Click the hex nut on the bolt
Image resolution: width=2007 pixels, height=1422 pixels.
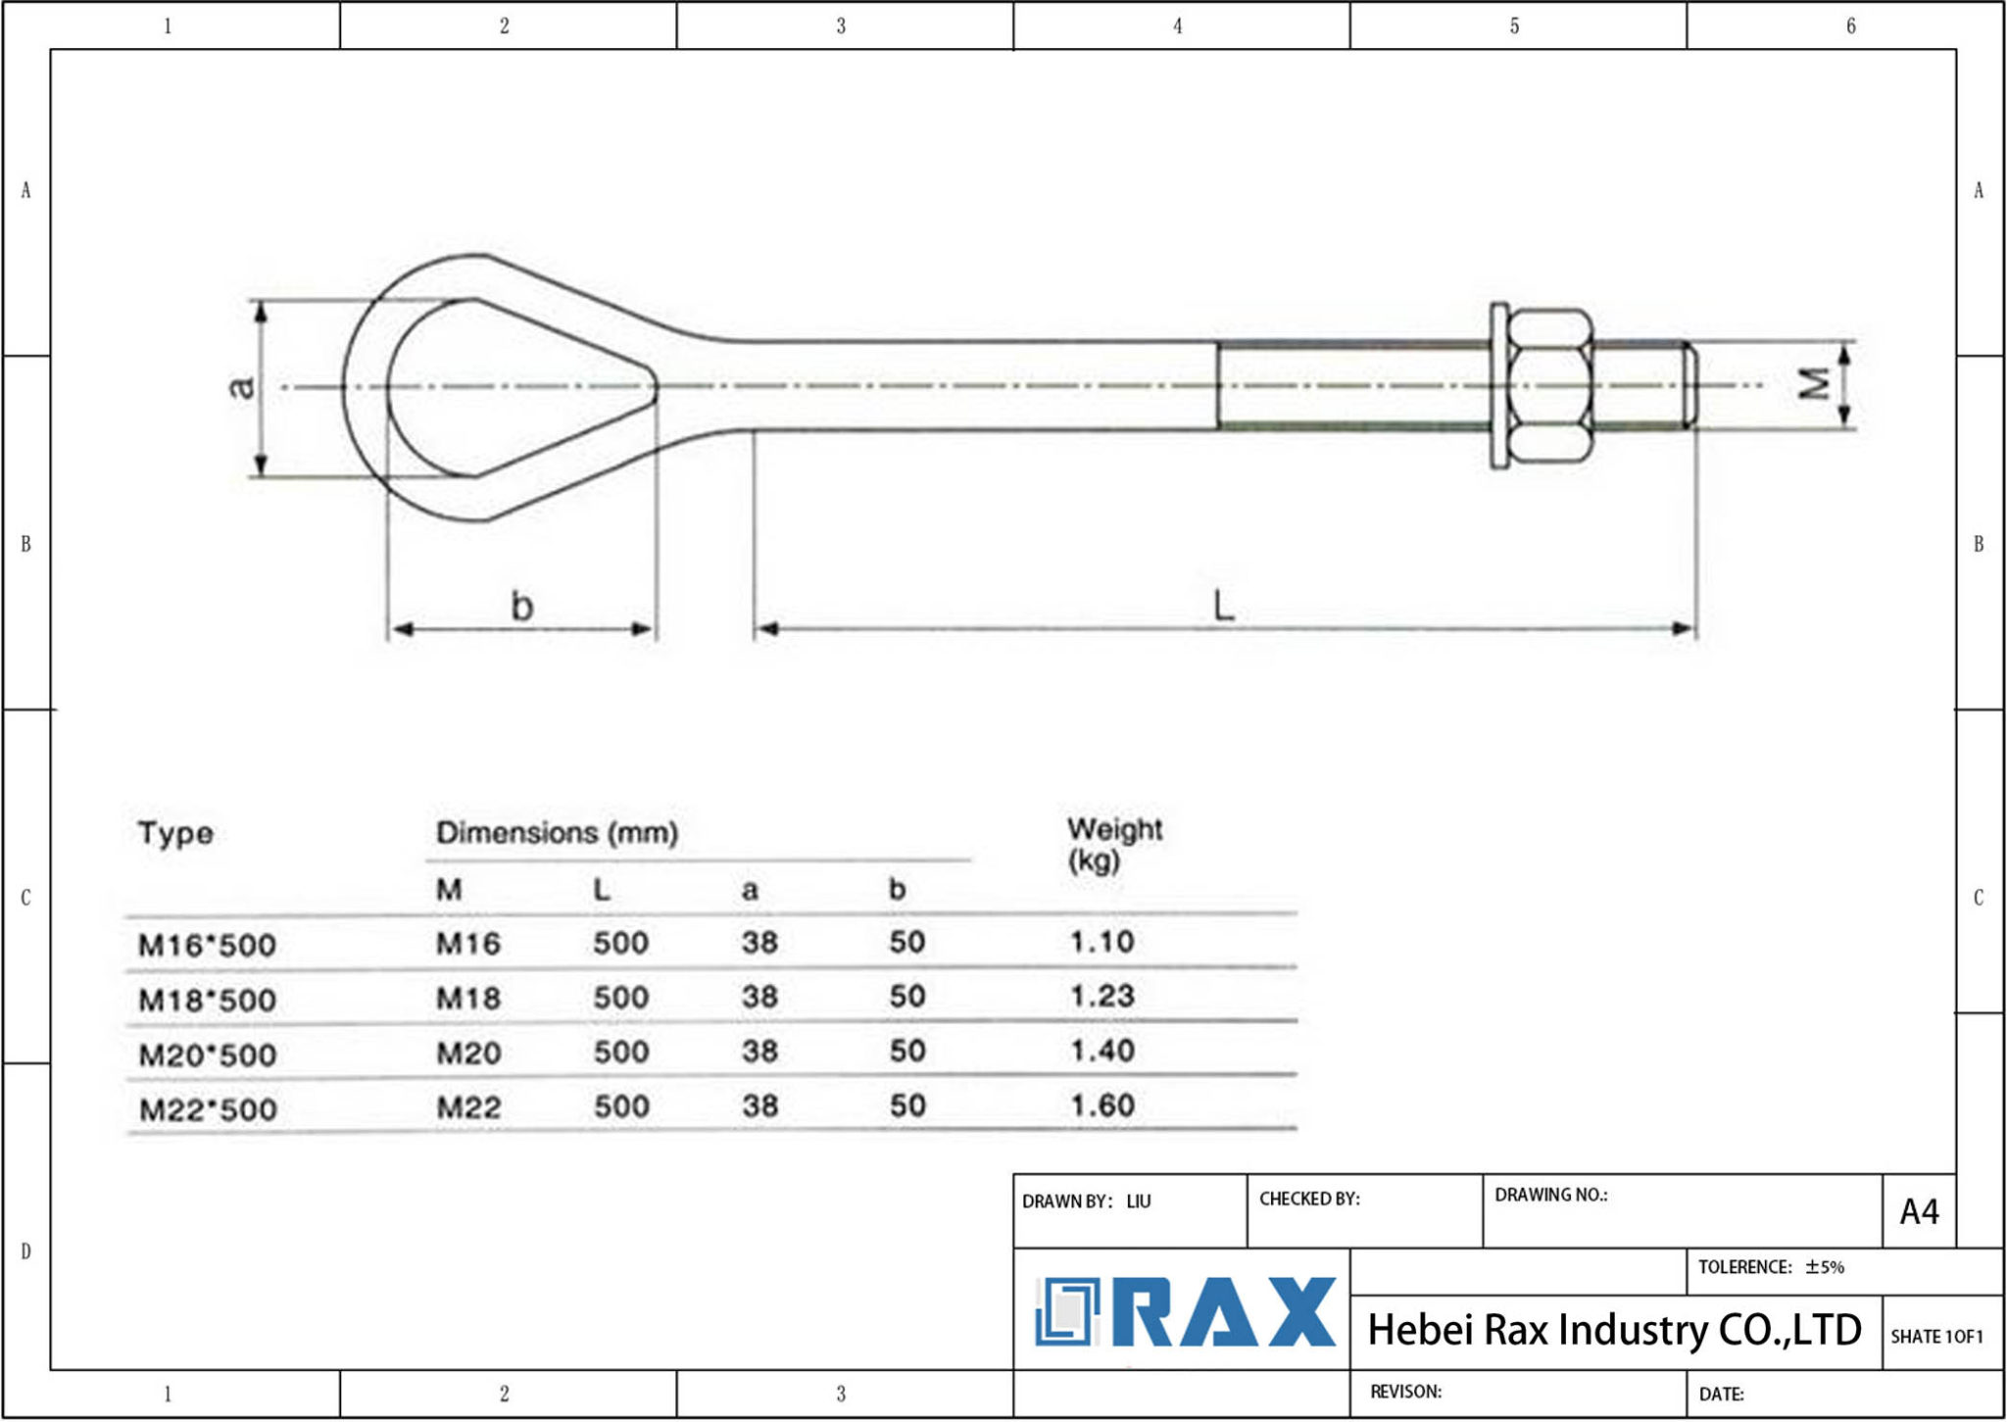click(x=1548, y=386)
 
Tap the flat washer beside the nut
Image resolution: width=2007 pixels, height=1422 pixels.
click(x=1498, y=386)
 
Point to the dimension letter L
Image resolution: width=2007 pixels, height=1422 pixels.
click(x=1223, y=606)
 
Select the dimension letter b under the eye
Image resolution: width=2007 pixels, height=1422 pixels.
click(x=522, y=607)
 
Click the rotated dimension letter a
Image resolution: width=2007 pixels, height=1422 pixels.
click(x=242, y=387)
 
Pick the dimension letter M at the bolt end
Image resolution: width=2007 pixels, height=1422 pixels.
click(x=1815, y=384)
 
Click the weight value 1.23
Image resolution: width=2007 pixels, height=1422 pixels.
click(x=1101, y=997)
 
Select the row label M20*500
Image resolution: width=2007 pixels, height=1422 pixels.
click(x=208, y=1055)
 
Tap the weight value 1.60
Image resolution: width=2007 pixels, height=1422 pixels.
click(x=1101, y=1106)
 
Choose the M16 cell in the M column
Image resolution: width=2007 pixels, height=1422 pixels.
click(x=467, y=944)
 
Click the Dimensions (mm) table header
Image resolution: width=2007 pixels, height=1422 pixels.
click(x=557, y=833)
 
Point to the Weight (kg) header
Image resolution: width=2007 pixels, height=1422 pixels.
click(x=1113, y=844)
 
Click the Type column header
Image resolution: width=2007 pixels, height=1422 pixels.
click(x=175, y=833)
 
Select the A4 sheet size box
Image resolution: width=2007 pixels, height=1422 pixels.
click(x=1918, y=1212)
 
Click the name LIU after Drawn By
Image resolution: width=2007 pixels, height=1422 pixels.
click(x=1138, y=1201)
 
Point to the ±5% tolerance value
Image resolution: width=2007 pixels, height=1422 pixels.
click(x=1825, y=1267)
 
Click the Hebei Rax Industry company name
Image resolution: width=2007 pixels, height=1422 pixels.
click(x=1613, y=1330)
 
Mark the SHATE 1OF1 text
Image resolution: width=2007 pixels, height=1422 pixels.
click(x=1935, y=1337)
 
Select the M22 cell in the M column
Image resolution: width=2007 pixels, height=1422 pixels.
click(x=468, y=1108)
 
